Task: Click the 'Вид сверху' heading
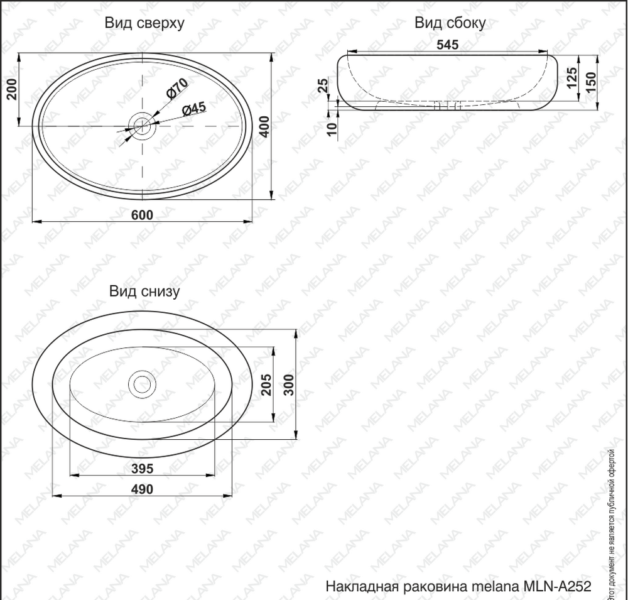[x=144, y=23]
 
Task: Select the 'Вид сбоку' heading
[x=450, y=23]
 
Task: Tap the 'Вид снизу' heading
[x=144, y=292]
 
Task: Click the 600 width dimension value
[x=142, y=215]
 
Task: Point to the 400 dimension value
[x=264, y=126]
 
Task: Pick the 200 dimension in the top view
[x=12, y=89]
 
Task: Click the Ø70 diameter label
[x=176, y=88]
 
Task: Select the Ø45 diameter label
[x=194, y=108]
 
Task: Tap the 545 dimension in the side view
[x=447, y=45]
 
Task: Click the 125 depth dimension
[x=572, y=77]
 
